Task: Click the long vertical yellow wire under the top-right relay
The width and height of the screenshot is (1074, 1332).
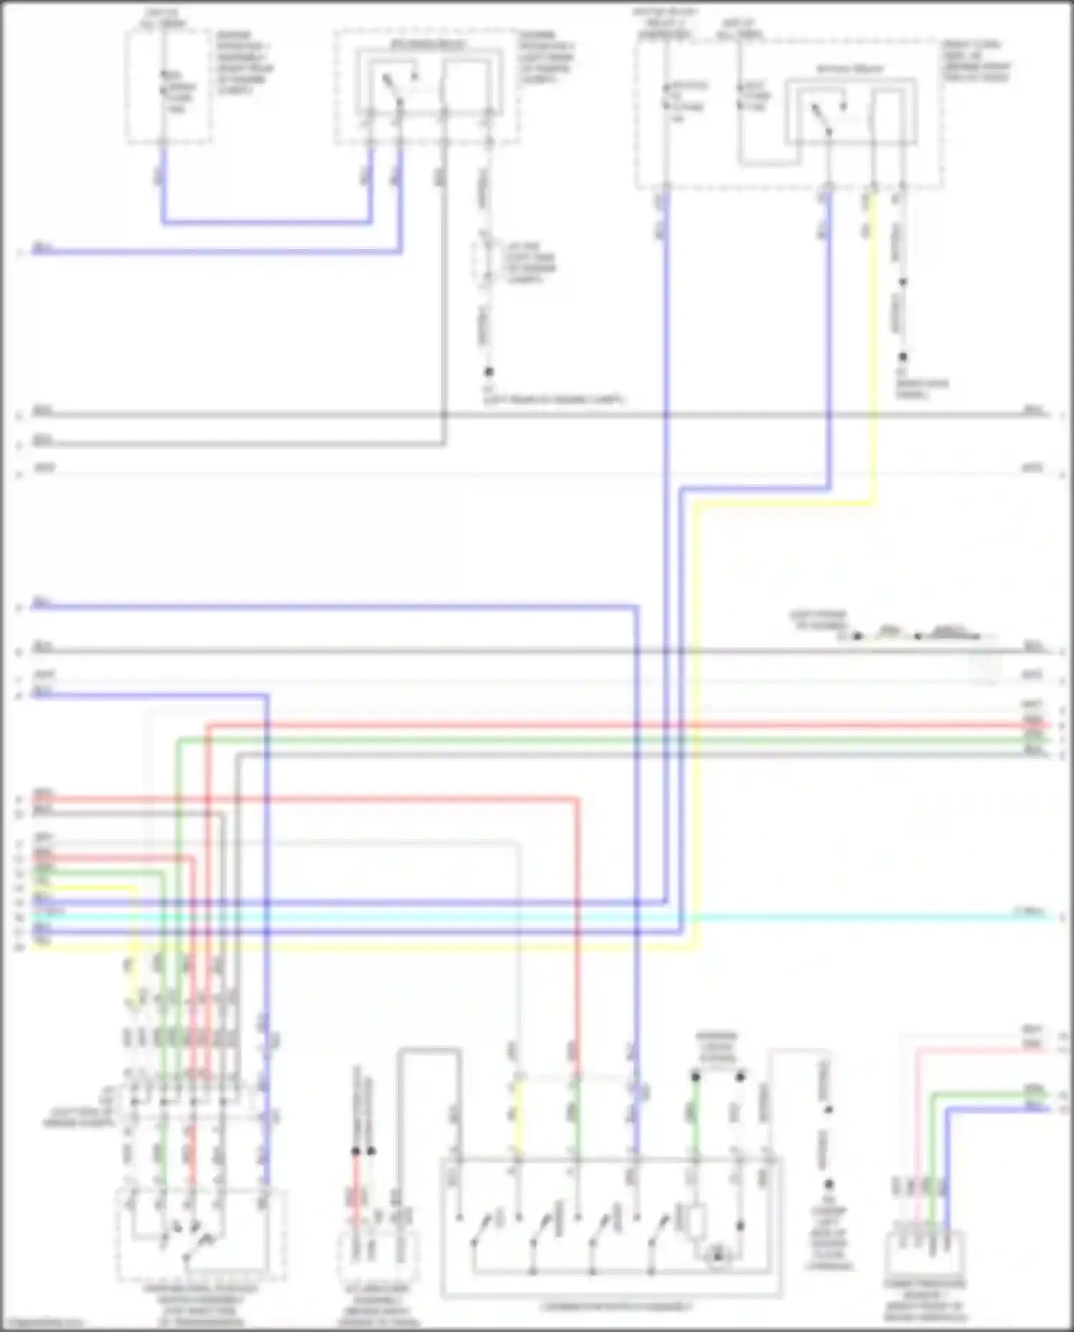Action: click(873, 344)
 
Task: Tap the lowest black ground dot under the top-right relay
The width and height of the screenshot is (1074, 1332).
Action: click(903, 356)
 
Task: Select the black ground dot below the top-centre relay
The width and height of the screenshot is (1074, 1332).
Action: click(489, 372)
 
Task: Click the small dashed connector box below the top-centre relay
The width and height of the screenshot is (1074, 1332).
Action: click(488, 262)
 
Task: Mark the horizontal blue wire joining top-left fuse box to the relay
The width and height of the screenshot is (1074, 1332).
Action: click(265, 223)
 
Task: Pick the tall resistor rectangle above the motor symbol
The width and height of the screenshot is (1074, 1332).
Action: click(697, 1222)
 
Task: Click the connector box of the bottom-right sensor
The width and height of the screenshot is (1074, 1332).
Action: click(925, 1253)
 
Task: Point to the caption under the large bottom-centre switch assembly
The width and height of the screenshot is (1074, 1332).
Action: click(617, 1306)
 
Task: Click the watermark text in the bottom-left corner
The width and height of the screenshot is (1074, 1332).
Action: click(43, 1323)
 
